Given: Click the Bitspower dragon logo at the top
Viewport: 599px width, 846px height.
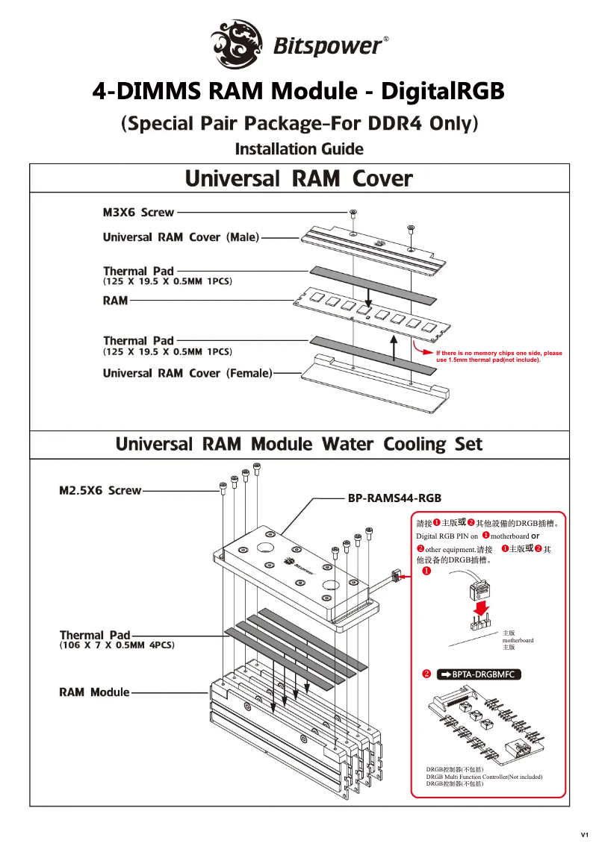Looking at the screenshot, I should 237,43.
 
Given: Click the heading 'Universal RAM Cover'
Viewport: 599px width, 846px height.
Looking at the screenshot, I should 299,179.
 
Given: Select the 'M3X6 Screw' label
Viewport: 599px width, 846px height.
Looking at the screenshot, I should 138,213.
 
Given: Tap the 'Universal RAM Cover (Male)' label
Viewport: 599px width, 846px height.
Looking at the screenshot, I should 181,237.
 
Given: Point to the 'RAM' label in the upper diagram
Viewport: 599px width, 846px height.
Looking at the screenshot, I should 115,301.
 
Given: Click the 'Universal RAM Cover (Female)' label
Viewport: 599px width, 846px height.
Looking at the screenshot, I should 187,373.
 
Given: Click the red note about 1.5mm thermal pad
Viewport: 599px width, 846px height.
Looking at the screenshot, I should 498,356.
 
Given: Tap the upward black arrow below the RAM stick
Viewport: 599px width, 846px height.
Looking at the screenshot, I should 394,347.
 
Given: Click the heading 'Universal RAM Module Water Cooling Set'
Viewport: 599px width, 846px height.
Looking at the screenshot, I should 299,445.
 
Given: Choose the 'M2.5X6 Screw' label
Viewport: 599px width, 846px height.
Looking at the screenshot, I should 100,491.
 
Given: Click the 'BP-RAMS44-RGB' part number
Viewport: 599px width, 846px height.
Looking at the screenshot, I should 394,498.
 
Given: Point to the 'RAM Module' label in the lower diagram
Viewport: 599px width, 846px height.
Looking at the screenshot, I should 94,692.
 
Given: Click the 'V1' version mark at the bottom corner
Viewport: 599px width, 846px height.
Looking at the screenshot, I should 585,833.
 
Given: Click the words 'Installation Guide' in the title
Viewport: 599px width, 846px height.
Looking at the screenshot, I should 299,149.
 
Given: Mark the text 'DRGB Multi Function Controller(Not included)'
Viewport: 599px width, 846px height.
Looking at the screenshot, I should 484,777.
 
